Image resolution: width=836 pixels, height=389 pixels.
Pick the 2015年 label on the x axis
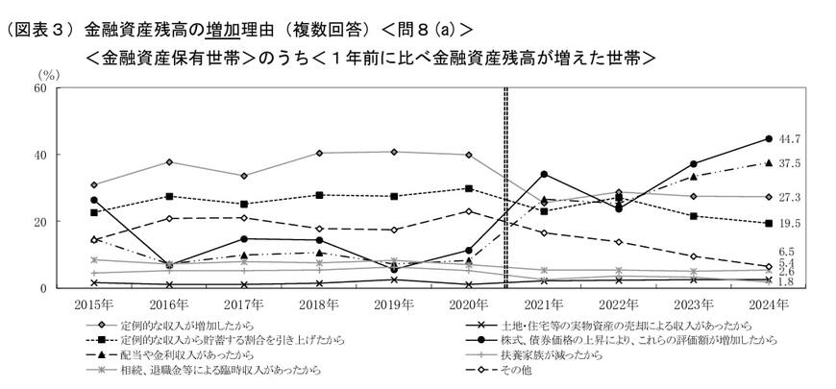(x=93, y=304)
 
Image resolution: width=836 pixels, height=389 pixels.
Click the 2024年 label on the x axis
(x=768, y=304)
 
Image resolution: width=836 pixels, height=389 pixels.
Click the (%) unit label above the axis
(x=47, y=73)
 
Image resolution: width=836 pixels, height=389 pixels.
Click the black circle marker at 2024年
(x=768, y=138)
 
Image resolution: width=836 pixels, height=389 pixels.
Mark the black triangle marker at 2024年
(x=768, y=163)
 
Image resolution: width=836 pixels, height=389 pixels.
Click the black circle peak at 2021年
(x=545, y=174)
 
